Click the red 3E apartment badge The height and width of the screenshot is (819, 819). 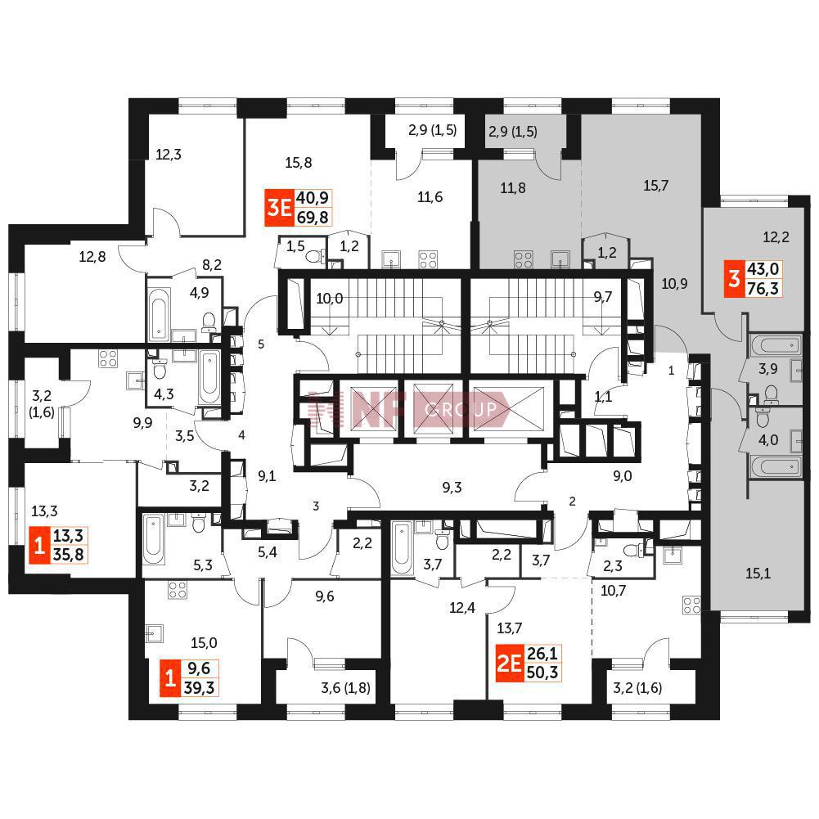point(280,208)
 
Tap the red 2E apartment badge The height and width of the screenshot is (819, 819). point(509,664)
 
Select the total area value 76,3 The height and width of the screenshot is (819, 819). point(763,288)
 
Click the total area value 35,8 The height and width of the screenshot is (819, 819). point(69,554)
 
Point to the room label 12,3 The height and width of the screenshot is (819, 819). point(169,155)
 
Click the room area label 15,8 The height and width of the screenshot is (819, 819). point(299,163)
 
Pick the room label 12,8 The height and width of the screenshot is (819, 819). point(92,257)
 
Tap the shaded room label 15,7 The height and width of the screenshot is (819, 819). point(655,186)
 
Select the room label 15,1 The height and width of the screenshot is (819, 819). point(758,574)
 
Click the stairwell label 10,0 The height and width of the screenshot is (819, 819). point(330,299)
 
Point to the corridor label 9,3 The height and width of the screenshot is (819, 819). point(452,488)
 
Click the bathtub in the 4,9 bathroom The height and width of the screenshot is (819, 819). point(158,313)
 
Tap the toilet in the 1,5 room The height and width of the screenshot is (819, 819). point(314,256)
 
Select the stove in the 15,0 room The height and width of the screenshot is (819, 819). point(178,590)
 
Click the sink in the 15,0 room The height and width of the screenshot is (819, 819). point(154,633)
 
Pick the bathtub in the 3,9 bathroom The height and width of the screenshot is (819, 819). point(775,345)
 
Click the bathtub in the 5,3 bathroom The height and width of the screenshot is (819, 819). point(154,539)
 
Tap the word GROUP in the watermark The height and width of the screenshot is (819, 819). point(461,409)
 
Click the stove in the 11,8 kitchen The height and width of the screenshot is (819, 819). point(524,259)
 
